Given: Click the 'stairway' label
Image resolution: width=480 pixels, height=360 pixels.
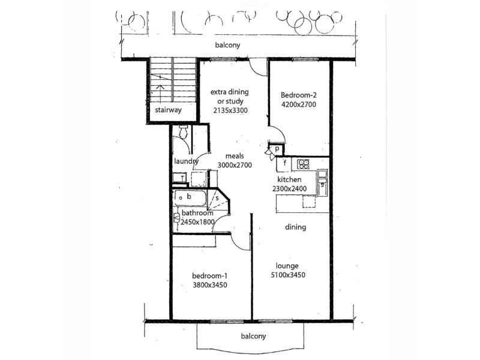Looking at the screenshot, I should click(x=168, y=110).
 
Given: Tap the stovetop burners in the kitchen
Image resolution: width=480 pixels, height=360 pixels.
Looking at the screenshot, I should click(x=304, y=163).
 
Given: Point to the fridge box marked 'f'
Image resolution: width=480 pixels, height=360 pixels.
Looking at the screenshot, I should click(x=285, y=163).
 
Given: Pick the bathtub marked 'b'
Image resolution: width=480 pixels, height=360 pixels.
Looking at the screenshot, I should click(x=190, y=196).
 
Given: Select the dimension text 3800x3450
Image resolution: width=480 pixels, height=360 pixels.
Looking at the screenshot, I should click(x=209, y=285).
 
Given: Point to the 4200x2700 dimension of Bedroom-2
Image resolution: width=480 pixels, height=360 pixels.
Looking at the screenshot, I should click(x=298, y=104).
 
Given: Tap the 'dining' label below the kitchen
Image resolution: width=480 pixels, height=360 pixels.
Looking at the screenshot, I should click(x=296, y=227).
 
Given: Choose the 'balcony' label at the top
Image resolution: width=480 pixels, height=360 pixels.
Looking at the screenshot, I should click(x=229, y=46).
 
